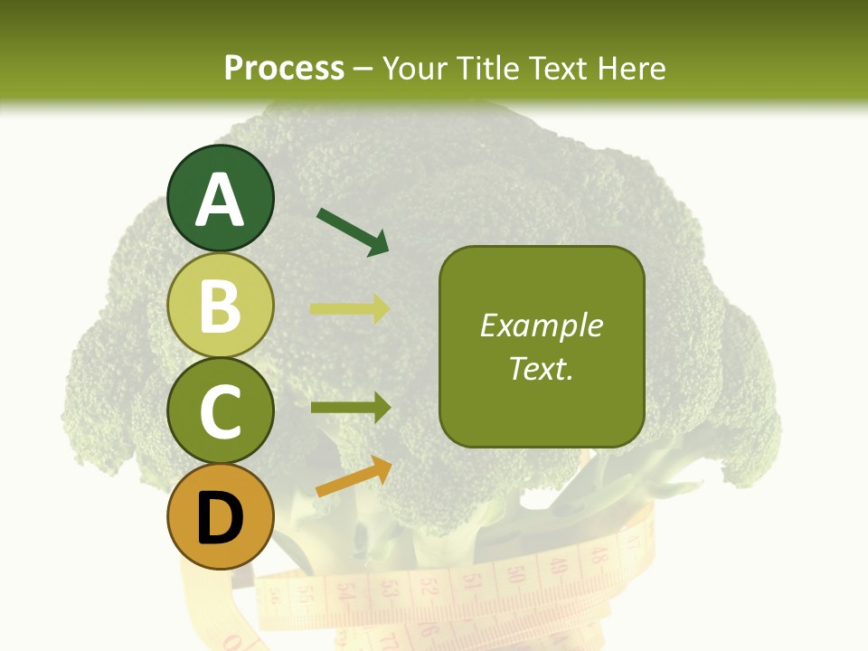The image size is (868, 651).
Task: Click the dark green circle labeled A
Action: click(x=221, y=199)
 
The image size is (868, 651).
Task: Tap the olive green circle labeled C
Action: click(x=221, y=410)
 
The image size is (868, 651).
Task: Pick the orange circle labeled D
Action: click(x=221, y=516)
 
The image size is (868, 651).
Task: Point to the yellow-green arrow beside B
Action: click(x=350, y=308)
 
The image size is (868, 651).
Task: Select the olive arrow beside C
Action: click(x=350, y=408)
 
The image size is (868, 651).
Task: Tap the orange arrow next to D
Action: click(x=354, y=476)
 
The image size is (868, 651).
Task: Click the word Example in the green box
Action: click(x=541, y=325)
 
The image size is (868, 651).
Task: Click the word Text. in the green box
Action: click(x=541, y=368)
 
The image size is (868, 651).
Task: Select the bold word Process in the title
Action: click(x=284, y=68)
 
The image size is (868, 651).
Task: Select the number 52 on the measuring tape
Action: click(x=430, y=588)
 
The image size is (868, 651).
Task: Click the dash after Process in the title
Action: click(x=363, y=69)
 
